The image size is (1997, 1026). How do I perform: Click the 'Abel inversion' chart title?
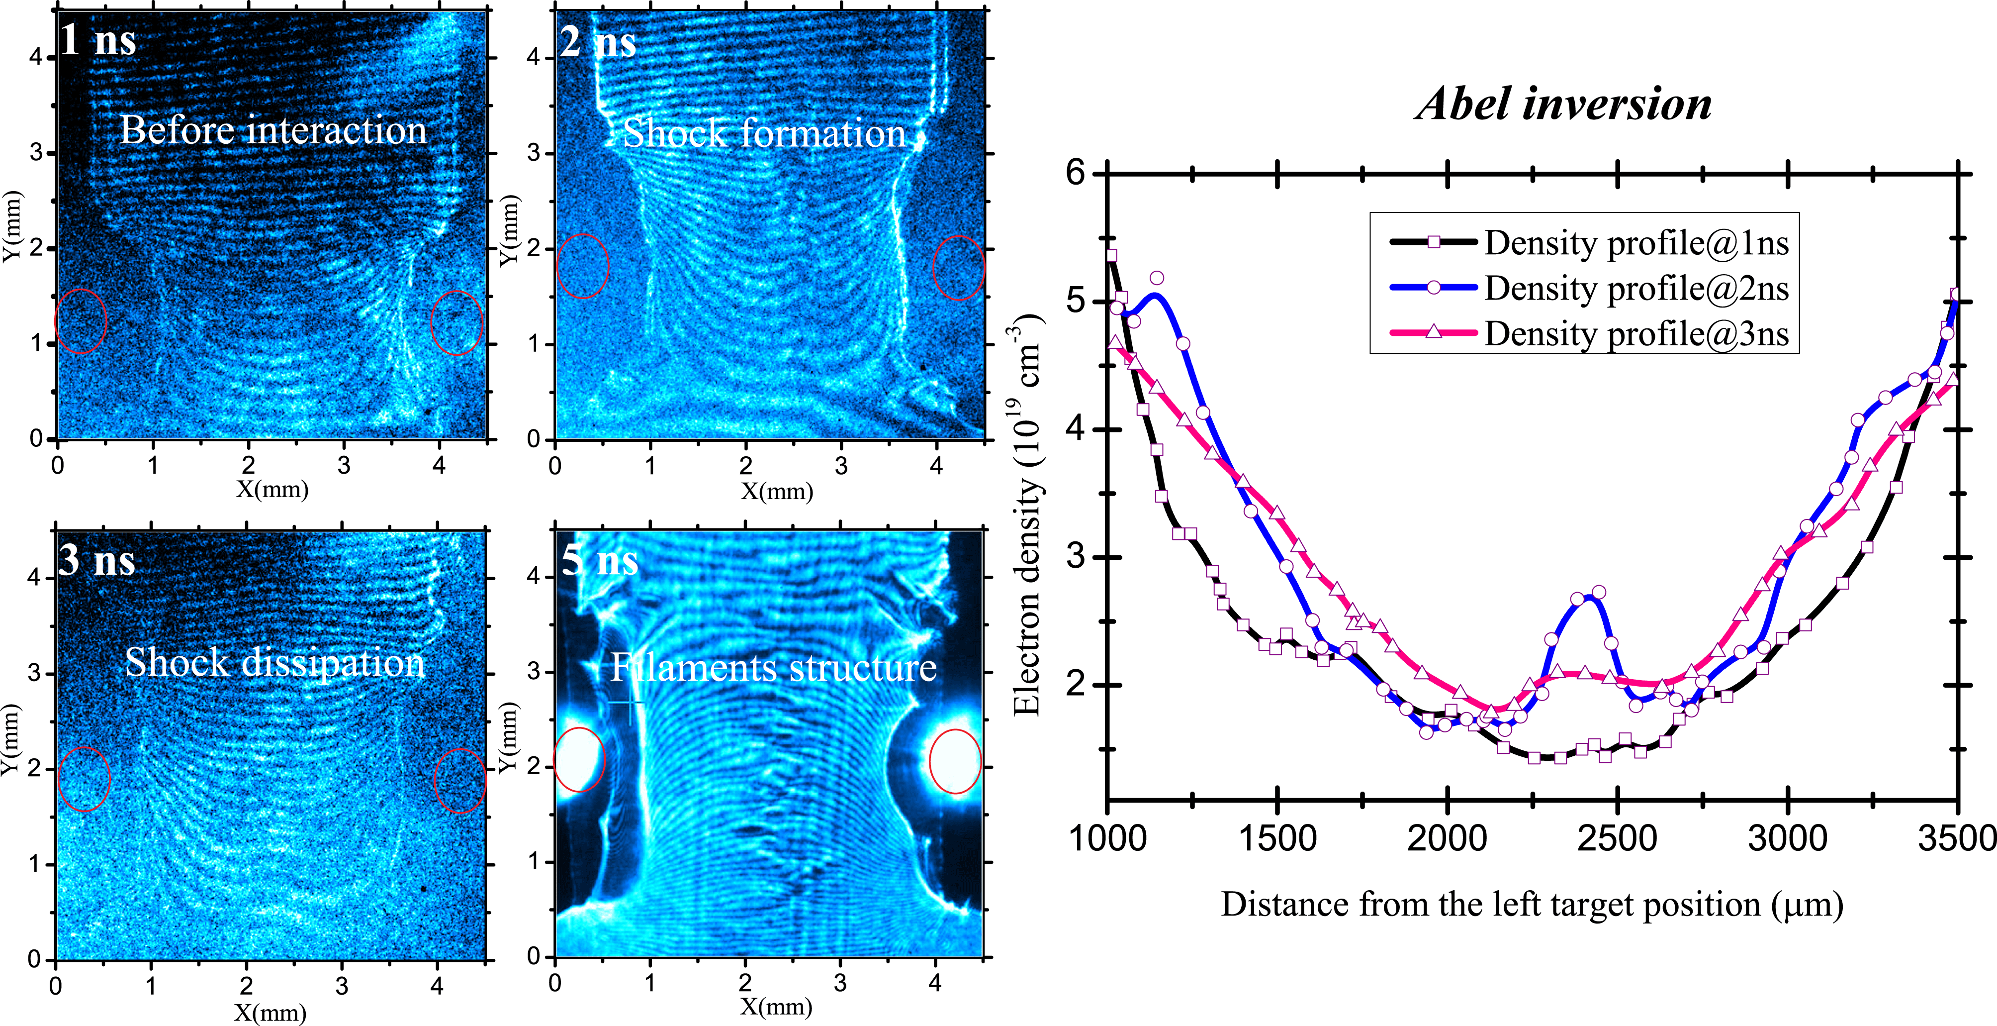point(1564,104)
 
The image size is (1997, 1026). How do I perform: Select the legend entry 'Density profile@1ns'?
point(1636,243)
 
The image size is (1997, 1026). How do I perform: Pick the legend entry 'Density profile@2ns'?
point(1636,289)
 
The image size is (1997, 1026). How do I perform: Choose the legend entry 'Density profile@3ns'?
point(1636,334)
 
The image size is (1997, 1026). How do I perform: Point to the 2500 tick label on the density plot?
point(1617,838)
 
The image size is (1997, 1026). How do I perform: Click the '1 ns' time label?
point(97,40)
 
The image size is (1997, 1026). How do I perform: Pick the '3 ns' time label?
point(97,560)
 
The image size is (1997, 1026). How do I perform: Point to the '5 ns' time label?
point(599,560)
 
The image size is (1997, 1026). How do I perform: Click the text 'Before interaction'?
point(273,129)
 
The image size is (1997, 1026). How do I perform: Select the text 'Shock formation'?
point(764,133)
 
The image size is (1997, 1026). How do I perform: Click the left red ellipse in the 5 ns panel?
point(579,760)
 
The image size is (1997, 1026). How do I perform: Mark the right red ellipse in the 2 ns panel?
point(959,268)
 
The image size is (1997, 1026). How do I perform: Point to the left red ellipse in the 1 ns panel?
point(81,321)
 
